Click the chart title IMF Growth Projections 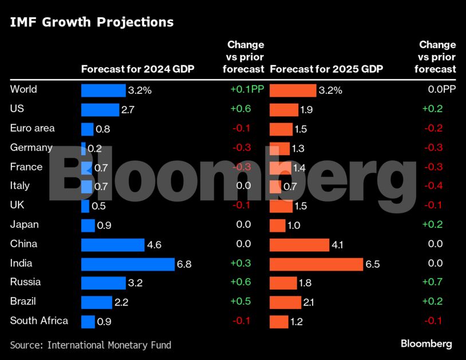click(x=92, y=22)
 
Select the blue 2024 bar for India click(x=128, y=264)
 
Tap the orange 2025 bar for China click(x=299, y=245)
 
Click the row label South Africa click(x=39, y=321)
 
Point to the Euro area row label click(x=33, y=128)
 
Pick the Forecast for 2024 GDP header click(x=138, y=69)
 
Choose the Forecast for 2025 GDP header click(x=326, y=69)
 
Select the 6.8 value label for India click(x=185, y=264)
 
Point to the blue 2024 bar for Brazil click(x=97, y=302)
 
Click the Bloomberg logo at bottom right click(x=426, y=344)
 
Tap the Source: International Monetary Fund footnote click(x=90, y=345)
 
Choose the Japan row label click(x=25, y=224)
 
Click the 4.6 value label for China click(x=155, y=245)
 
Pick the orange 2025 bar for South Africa click(x=279, y=322)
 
